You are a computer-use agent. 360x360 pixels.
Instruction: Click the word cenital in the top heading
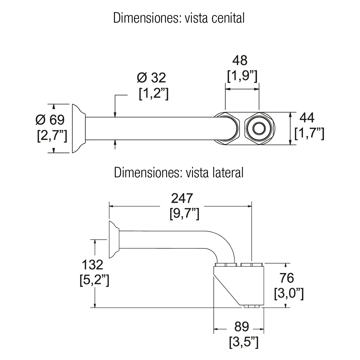(228, 18)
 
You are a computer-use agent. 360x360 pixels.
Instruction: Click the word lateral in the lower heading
(228, 172)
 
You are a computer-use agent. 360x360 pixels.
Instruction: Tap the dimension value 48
(240, 60)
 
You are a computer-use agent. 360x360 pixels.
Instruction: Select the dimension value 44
(307, 118)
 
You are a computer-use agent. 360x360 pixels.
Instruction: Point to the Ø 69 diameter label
(50, 120)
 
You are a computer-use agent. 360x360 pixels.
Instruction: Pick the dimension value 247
(182, 198)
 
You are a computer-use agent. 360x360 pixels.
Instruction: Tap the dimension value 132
(92, 265)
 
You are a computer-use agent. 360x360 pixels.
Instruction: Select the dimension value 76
(286, 278)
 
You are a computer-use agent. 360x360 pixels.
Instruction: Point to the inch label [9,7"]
(184, 214)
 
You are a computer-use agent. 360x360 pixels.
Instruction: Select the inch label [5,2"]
(94, 280)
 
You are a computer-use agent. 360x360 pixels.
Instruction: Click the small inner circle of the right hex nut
(259, 128)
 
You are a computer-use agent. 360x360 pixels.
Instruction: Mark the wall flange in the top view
(79, 128)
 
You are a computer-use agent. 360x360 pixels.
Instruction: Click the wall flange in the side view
(114, 240)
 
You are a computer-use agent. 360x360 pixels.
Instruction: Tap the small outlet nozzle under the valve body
(252, 306)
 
